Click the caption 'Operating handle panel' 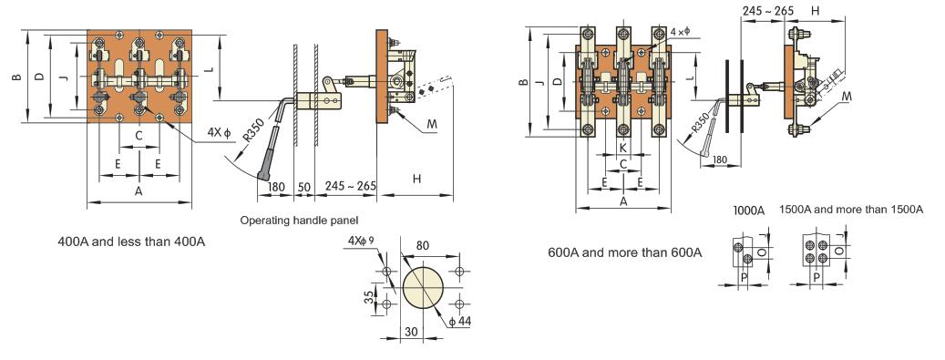pyautogui.click(x=299, y=220)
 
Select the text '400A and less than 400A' pyautogui.click(x=131, y=242)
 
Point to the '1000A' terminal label pyautogui.click(x=749, y=211)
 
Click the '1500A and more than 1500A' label pyautogui.click(x=851, y=210)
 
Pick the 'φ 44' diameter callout pyautogui.click(x=459, y=321)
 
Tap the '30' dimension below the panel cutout pyautogui.click(x=411, y=331)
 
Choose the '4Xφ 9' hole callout pyautogui.click(x=362, y=241)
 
